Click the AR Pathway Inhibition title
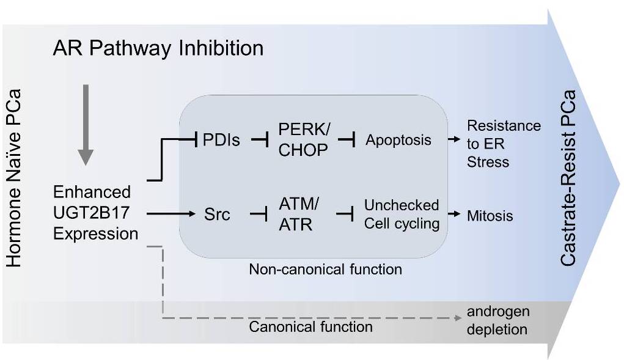pyautogui.click(x=158, y=48)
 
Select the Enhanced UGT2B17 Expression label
pyautogui.click(x=95, y=213)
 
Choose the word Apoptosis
pyautogui.click(x=398, y=140)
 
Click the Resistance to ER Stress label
pyautogui.click(x=504, y=144)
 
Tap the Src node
pyautogui.click(x=218, y=215)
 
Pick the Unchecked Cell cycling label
pyautogui.click(x=402, y=214)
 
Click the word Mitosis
pyautogui.click(x=490, y=215)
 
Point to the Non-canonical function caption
pyautogui.click(x=325, y=268)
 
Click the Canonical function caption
pyautogui.click(x=310, y=327)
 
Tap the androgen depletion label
pyautogui.click(x=497, y=320)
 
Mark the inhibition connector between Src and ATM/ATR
pyautogui.click(x=260, y=216)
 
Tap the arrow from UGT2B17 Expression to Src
pyautogui.click(x=174, y=215)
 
